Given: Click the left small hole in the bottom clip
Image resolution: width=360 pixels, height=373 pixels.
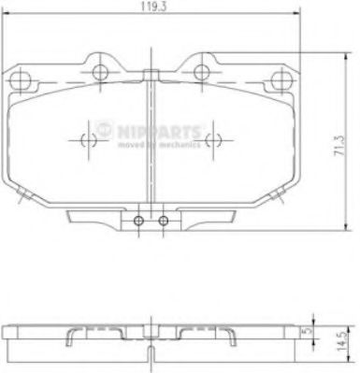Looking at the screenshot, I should click(x=139, y=222).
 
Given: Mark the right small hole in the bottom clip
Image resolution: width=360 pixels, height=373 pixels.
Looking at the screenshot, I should click(x=164, y=222).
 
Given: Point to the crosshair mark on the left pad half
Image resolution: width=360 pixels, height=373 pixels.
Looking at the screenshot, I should click(x=91, y=141).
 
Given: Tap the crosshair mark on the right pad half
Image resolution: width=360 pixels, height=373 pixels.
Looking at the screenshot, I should click(x=213, y=141).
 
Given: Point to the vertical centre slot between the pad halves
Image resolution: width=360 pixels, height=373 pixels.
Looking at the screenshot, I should click(x=152, y=140).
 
